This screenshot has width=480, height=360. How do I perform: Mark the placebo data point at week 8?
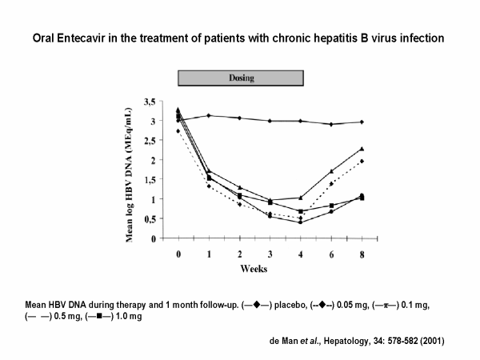click(x=362, y=122)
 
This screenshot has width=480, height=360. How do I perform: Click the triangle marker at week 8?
click(x=362, y=149)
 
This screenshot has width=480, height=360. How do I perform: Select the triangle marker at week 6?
click(x=331, y=171)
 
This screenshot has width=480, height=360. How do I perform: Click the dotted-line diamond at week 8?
click(x=362, y=162)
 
